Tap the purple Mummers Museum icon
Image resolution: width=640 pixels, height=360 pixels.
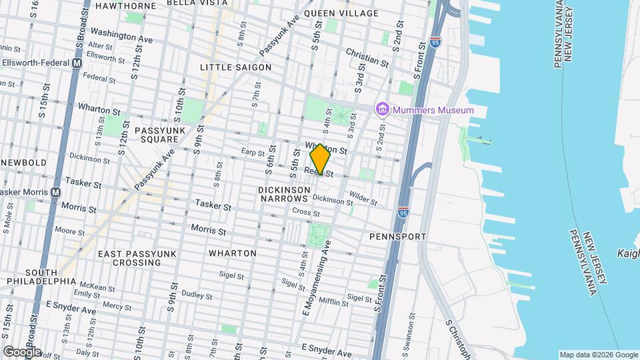click(x=382, y=109)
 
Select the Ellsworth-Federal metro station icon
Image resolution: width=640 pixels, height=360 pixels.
click(x=77, y=63)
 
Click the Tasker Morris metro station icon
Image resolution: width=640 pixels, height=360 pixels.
click(x=56, y=192)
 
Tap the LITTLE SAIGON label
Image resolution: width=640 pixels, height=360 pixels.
click(x=236, y=67)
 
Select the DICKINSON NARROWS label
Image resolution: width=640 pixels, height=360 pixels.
click(x=285, y=194)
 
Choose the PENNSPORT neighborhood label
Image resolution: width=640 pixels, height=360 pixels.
click(x=397, y=237)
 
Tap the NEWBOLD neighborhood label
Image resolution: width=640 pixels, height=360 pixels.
click(x=24, y=163)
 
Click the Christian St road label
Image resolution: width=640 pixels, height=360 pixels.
click(x=366, y=57)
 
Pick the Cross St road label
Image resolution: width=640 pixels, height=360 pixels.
click(x=306, y=213)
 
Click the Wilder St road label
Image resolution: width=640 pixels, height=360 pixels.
click(x=363, y=197)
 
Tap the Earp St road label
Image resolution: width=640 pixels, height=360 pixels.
click(x=253, y=152)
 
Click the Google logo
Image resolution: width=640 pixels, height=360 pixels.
click(x=21, y=351)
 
